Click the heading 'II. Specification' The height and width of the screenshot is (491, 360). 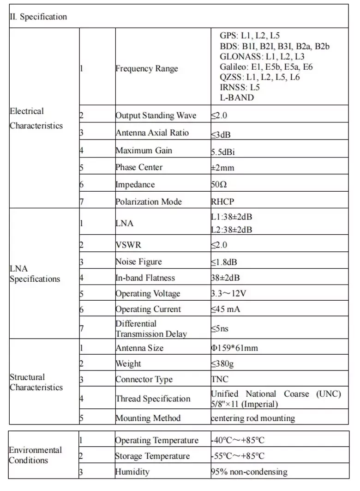pyautogui.click(x=38, y=17)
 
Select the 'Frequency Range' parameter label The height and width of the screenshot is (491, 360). pyautogui.click(x=146, y=69)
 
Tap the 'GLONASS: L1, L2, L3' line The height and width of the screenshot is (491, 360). pyautogui.click(x=262, y=57)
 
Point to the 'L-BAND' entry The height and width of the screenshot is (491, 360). pyautogui.click(x=237, y=97)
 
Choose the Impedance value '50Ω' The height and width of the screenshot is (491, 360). pyautogui.click(x=219, y=185)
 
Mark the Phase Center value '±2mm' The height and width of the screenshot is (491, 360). pyautogui.click(x=222, y=168)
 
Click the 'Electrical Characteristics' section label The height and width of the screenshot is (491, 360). pyautogui.click(x=36, y=118)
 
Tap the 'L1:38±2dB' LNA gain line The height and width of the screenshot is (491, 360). pyautogui.click(x=231, y=216)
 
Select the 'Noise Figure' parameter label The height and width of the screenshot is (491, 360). pyautogui.click(x=138, y=262)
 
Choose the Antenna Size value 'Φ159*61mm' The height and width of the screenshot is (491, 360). pyautogui.click(x=234, y=348)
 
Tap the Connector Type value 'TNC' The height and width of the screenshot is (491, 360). pyautogui.click(x=220, y=380)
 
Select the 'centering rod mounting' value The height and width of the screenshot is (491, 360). pyautogui.click(x=253, y=418)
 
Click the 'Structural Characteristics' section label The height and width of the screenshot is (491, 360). pyautogui.click(x=36, y=382)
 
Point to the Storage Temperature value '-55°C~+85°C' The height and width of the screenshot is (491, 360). pyautogui.click(x=238, y=456)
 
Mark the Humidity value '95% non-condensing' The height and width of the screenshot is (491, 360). pyautogui.click(x=249, y=472)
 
